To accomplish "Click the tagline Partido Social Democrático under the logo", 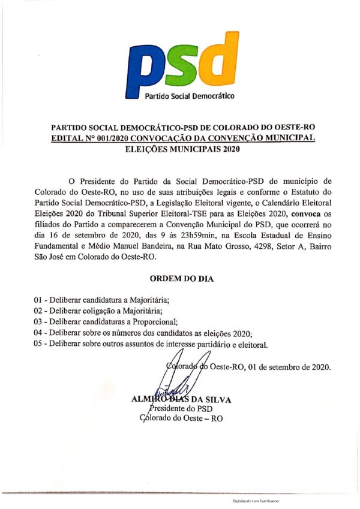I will click(x=190, y=96).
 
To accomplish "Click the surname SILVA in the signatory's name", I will click(x=218, y=399).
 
